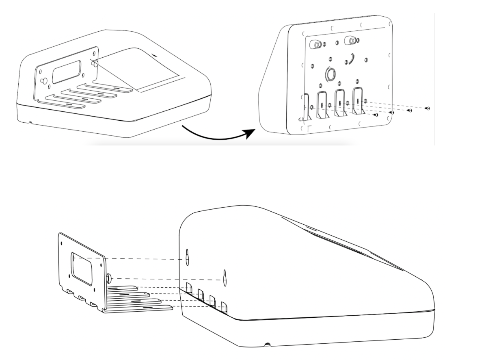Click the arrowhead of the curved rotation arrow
tap(248, 133)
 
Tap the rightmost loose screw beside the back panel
tap(428, 108)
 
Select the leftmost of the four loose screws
tap(376, 115)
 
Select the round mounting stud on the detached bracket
tap(109, 278)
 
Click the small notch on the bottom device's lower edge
tap(267, 345)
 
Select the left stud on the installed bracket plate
tap(43, 80)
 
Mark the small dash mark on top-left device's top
tap(154, 54)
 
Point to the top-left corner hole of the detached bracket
tap(61, 240)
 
